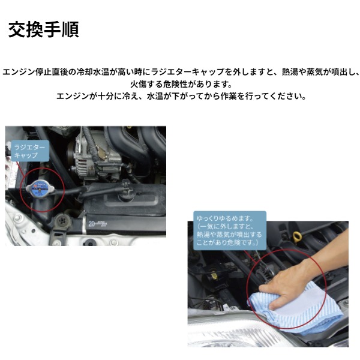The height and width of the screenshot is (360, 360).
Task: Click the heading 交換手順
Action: (x=44, y=29)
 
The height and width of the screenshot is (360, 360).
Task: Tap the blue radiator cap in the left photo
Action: (x=40, y=188)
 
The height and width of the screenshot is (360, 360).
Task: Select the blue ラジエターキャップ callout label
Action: (x=30, y=151)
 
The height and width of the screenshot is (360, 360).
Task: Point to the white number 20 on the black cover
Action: (x=92, y=223)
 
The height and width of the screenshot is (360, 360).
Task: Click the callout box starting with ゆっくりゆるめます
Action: (x=230, y=230)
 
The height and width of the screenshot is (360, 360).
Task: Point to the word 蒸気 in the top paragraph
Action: (x=315, y=72)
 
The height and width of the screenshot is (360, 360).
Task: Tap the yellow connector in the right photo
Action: (x=214, y=275)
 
